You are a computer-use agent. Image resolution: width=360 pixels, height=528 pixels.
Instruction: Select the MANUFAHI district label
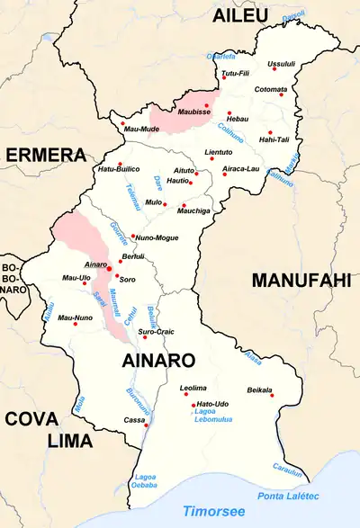[301, 281]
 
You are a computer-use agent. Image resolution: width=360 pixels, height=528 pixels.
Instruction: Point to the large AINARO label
[158, 361]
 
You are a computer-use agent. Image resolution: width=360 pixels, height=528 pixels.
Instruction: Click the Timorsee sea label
[213, 510]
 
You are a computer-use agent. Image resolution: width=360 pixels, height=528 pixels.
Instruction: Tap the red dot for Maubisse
[207, 106]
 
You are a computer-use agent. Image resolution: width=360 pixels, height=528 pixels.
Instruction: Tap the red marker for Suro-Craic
[144, 337]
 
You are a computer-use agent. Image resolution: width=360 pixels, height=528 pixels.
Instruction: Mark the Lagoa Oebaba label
[145, 481]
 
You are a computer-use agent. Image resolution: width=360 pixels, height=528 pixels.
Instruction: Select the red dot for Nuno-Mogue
[132, 237]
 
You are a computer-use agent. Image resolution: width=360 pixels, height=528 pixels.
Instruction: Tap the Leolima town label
[193, 388]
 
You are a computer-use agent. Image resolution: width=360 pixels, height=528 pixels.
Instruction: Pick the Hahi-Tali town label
[274, 139]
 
